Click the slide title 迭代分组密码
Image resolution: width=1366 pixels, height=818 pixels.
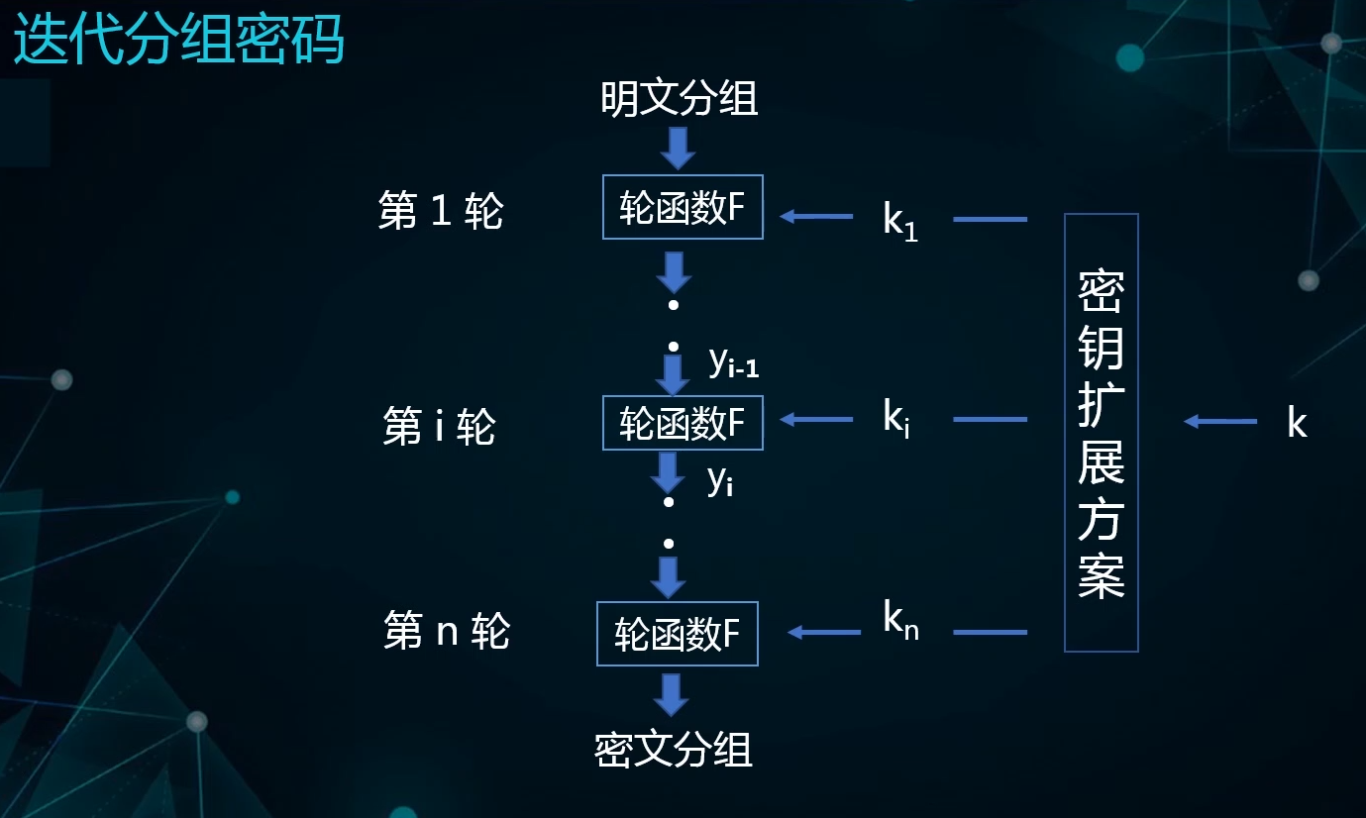(x=179, y=41)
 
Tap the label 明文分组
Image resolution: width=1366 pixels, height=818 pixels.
(x=679, y=99)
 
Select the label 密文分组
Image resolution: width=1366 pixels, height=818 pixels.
(x=674, y=750)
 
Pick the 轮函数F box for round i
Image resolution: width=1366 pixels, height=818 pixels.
(x=683, y=423)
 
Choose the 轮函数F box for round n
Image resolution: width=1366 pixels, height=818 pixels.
(x=677, y=634)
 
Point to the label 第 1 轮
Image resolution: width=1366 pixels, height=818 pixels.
(x=441, y=211)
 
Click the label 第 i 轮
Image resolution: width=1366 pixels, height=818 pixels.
(x=439, y=427)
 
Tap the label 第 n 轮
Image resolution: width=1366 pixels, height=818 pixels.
(x=446, y=631)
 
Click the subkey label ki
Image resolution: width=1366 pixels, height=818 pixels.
(x=896, y=420)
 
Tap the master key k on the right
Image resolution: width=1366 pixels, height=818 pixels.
(x=1297, y=423)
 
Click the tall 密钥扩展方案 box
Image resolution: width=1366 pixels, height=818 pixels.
(x=1101, y=433)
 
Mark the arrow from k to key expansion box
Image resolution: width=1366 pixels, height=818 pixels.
(x=1220, y=422)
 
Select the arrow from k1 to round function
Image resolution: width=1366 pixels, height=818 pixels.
(x=816, y=216)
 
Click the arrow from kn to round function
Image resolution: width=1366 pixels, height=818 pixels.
(x=823, y=632)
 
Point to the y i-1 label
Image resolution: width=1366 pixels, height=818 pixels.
(x=734, y=364)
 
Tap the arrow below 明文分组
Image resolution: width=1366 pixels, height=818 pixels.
(x=679, y=149)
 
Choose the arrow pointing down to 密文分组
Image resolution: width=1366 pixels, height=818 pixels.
(x=671, y=694)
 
